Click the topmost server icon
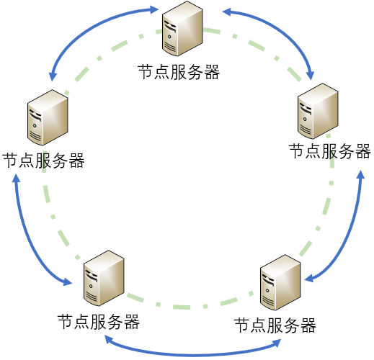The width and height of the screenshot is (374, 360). (182, 29)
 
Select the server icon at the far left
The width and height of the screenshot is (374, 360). (48, 117)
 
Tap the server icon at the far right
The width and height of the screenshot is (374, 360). (318, 111)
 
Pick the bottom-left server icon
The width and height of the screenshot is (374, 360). (104, 278)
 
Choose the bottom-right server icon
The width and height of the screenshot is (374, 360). (280, 282)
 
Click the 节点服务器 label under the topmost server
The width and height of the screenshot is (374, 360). (179, 72)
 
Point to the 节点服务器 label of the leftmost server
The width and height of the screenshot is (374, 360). (43, 161)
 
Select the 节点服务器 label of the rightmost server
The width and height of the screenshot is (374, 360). (330, 151)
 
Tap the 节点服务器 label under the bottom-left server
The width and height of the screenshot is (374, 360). (99, 322)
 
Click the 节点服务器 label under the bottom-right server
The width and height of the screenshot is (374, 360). (275, 325)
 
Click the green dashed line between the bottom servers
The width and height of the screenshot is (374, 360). (190, 307)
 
